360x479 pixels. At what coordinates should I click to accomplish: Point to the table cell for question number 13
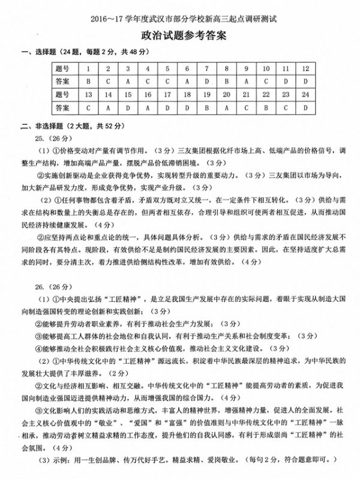pos(89,94)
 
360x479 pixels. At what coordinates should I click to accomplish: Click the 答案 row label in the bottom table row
pos(62,108)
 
